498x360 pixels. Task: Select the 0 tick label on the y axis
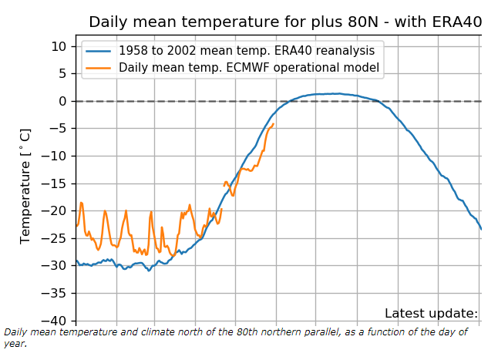pos(65,101)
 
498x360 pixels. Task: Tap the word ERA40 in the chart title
pos(459,22)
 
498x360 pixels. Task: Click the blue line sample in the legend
pos(99,51)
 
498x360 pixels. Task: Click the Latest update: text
pos(431,313)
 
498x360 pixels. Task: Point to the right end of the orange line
pos(273,124)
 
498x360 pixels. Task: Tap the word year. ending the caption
pos(15,344)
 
